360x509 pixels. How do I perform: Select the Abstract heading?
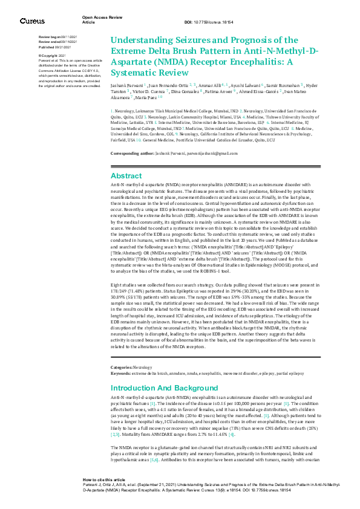click(x=126, y=175)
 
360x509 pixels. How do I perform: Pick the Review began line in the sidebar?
click(x=57, y=37)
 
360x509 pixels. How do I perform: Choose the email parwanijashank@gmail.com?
click(x=204, y=154)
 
